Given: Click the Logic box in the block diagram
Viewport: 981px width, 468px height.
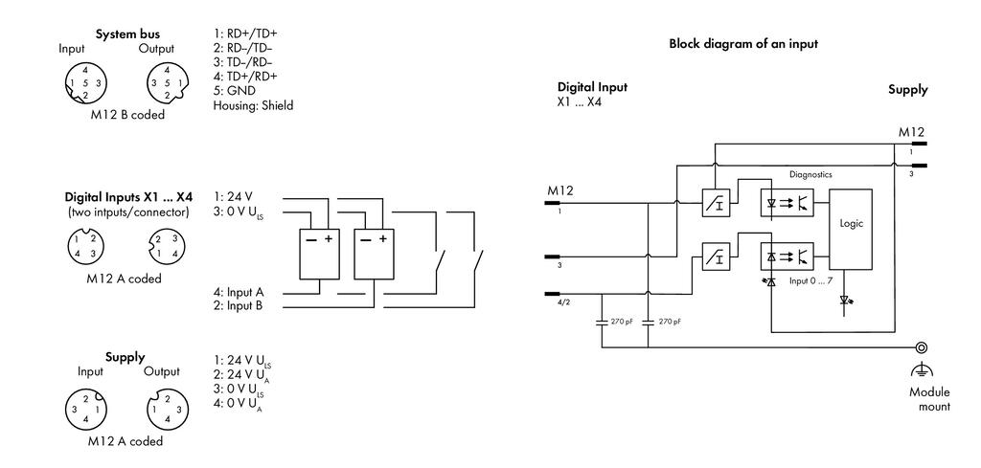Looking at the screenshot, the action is pyautogui.click(x=851, y=230).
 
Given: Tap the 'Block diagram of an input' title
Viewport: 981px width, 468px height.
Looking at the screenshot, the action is pyautogui.click(x=743, y=44).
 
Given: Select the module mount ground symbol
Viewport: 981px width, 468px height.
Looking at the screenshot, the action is pyautogui.click(x=921, y=370).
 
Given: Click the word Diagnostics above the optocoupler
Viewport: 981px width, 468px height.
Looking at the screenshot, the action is pyautogui.click(x=810, y=175).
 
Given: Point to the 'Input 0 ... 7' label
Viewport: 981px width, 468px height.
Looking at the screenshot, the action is pyautogui.click(x=810, y=281).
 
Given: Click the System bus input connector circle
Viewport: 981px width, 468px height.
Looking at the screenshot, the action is pyautogui.click(x=85, y=83).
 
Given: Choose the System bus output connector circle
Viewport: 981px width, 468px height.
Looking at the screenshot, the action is pyautogui.click(x=167, y=83).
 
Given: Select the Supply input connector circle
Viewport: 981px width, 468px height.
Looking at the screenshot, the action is pyautogui.click(x=85, y=410).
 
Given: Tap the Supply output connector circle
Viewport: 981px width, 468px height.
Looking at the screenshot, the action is pyautogui.click(x=167, y=410).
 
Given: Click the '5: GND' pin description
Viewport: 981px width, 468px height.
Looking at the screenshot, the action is pyautogui.click(x=234, y=91).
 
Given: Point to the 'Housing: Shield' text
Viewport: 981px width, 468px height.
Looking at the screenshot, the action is pyautogui.click(x=253, y=105).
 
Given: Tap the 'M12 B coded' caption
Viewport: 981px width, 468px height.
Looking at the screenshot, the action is pyautogui.click(x=126, y=115).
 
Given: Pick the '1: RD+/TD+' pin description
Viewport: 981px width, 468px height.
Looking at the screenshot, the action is pyautogui.click(x=245, y=33).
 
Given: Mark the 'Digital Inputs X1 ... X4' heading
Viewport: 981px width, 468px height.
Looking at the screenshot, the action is pyautogui.click(x=128, y=197).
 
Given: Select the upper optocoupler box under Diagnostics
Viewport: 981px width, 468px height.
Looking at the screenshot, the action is pyautogui.click(x=787, y=203).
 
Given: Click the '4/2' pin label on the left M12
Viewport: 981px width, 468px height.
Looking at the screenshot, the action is pyautogui.click(x=563, y=302).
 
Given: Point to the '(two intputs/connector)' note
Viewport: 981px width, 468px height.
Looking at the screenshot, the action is pyautogui.click(x=128, y=212).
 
